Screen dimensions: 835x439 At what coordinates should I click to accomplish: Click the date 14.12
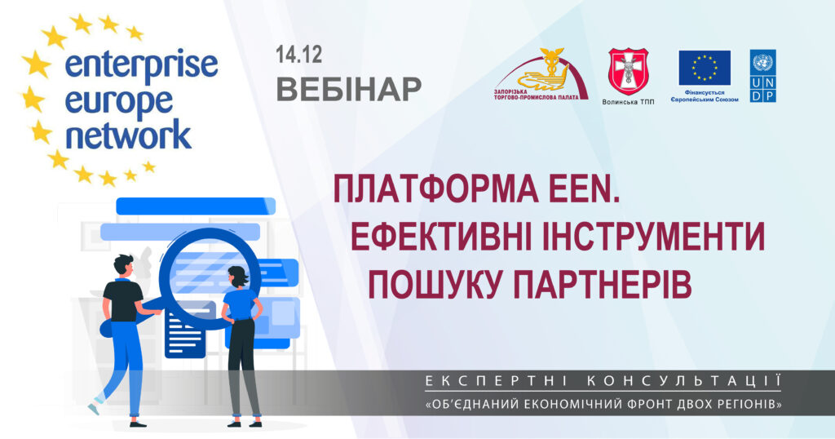[x=298, y=55]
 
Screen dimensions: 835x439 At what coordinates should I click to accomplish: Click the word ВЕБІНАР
[x=349, y=90]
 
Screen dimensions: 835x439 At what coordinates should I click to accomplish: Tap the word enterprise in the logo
[x=141, y=66]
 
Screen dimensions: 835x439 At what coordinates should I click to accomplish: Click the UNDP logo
[x=762, y=76]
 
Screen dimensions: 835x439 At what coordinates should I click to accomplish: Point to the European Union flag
[x=704, y=69]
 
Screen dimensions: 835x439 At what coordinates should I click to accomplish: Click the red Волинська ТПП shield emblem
[x=629, y=72]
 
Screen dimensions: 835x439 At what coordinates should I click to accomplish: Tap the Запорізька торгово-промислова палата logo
[x=541, y=74]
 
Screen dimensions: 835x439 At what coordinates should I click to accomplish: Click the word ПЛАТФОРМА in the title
[x=436, y=189]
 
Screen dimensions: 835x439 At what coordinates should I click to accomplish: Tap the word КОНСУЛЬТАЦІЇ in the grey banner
[x=683, y=381]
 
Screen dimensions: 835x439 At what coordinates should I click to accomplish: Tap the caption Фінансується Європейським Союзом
[x=704, y=96]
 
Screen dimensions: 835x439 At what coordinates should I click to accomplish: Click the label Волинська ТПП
[x=629, y=102]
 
